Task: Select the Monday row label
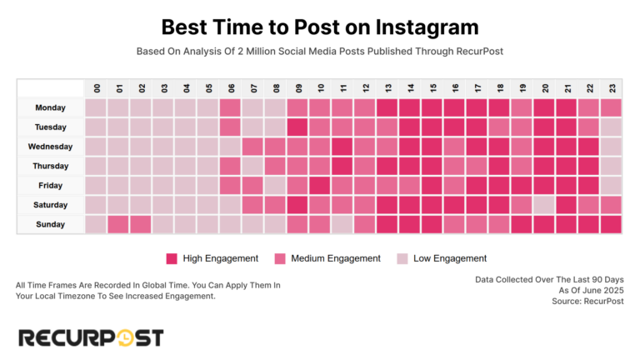coord(50,107)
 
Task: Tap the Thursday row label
coord(50,166)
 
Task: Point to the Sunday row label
coord(50,224)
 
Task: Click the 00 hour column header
coord(96,88)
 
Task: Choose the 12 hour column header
coord(364,88)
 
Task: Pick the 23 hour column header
coord(610,88)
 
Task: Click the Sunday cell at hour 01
coord(118,224)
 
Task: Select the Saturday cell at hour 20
coord(543,205)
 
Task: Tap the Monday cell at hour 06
coord(230,107)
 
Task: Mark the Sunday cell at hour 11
coord(342,224)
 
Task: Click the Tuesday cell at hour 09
coord(297,127)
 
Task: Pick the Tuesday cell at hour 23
coord(610,127)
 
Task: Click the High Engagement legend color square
coord(172,258)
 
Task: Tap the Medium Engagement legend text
coord(336,258)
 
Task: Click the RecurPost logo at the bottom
coord(91,337)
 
